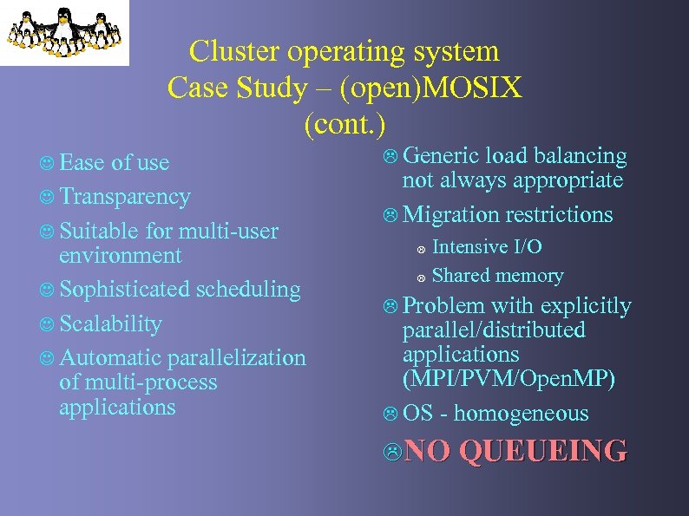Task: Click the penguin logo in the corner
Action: point(64,32)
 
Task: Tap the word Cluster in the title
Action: point(227,51)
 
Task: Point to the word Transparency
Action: point(125,197)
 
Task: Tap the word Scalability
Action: point(111,323)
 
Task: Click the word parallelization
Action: point(236,357)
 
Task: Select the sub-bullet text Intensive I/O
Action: point(487,247)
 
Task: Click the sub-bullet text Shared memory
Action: point(497,276)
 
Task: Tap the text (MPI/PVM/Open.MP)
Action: point(509,379)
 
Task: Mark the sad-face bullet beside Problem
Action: point(392,306)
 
